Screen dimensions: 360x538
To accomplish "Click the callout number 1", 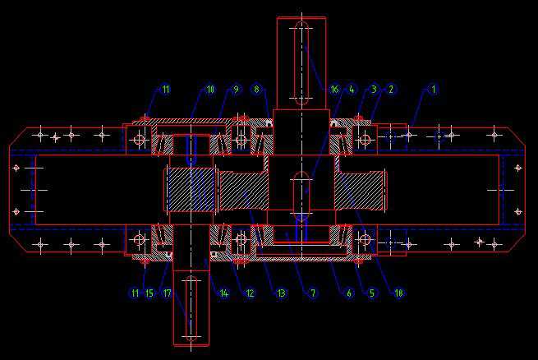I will click(435, 89).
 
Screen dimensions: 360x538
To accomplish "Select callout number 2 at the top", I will click(392, 89).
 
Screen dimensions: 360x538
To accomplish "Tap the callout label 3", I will click(373, 89).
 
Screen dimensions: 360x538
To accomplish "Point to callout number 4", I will click(351, 89).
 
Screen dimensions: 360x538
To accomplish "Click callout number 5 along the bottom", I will click(371, 293).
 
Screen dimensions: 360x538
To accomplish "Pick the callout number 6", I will click(349, 293).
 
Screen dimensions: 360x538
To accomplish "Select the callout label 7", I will click(312, 293).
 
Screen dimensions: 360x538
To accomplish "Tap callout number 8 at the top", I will click(256, 89).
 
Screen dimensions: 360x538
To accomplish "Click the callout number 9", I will click(235, 89).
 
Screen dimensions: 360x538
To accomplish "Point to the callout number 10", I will click(209, 89).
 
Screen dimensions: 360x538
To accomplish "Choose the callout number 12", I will click(250, 293).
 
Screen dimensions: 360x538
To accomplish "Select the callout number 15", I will click(149, 293).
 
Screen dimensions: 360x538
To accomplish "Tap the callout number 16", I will click(333, 89).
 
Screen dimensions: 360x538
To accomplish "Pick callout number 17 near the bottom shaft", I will click(167, 293).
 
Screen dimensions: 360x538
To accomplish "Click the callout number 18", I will click(399, 293).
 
